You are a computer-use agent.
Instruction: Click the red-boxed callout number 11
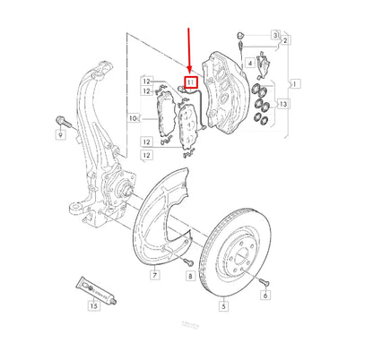(189, 83)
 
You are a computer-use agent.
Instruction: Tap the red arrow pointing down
(189, 49)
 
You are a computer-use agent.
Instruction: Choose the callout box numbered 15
(92, 305)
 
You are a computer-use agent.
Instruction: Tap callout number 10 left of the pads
(133, 117)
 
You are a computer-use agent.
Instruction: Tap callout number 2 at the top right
(285, 41)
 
